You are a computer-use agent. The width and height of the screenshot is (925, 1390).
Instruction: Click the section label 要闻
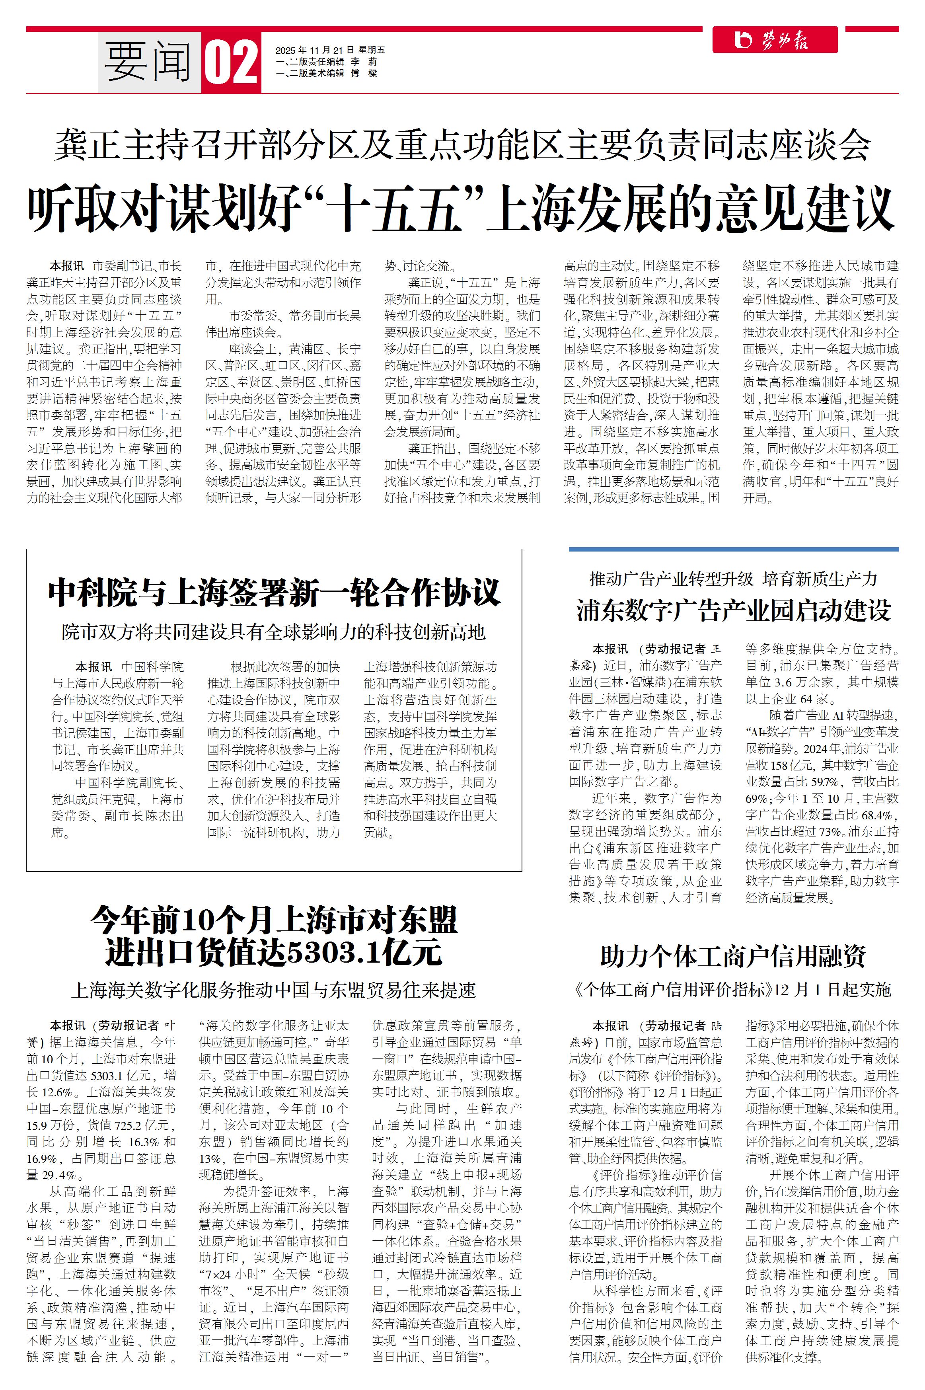click(148, 62)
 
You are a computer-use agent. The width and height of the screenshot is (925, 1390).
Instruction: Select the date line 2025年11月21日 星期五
click(330, 50)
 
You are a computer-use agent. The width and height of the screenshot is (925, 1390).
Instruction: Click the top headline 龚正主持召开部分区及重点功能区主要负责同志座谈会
click(462, 144)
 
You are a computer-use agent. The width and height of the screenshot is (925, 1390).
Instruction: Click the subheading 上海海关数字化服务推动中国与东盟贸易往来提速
click(274, 989)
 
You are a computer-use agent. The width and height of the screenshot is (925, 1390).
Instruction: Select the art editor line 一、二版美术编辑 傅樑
click(326, 73)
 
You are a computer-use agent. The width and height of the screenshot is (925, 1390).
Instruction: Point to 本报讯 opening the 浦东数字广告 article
click(611, 649)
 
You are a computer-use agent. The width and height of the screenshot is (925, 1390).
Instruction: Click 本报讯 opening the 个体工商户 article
click(611, 1025)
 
